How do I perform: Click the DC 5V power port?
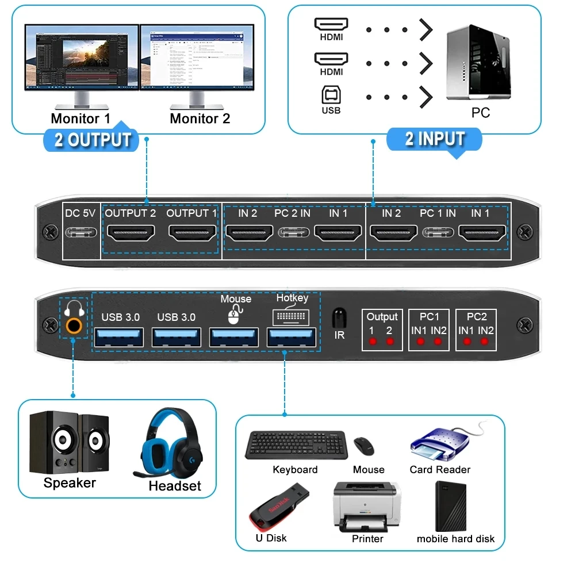pyautogui.click(x=80, y=233)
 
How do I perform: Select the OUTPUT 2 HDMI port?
pyautogui.click(x=131, y=232)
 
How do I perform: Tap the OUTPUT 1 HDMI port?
pyautogui.click(x=192, y=232)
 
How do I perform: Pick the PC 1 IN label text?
pyautogui.click(x=438, y=213)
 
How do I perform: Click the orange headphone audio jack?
pyautogui.click(x=73, y=326)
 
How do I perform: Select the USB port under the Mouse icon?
pyautogui.click(x=233, y=337)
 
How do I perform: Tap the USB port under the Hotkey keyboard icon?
pyautogui.click(x=292, y=337)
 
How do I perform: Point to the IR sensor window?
pyautogui.click(x=339, y=317)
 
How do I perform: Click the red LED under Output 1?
pyautogui.click(x=372, y=342)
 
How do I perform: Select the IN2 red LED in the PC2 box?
pyautogui.click(x=484, y=342)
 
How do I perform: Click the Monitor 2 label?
pyautogui.click(x=200, y=119)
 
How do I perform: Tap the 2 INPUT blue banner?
pyautogui.click(x=435, y=140)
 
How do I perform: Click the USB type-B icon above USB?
pyautogui.click(x=331, y=95)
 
